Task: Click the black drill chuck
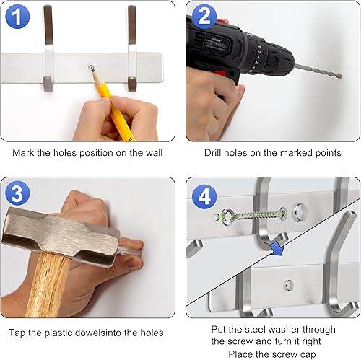click(261, 61)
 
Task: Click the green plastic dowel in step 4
click(217, 215)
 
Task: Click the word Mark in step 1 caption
click(25, 153)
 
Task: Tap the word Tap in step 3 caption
click(19, 333)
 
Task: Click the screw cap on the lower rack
click(288, 284)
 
